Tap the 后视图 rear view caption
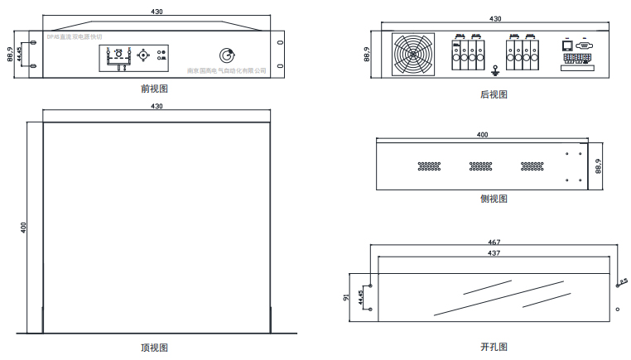(x=494, y=94)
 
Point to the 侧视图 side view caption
(x=494, y=199)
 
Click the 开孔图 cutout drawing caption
(x=494, y=348)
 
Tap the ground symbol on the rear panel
(x=494, y=70)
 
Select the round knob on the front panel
(x=226, y=55)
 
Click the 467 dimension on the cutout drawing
(x=494, y=242)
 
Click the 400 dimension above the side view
(x=483, y=134)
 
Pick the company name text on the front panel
(x=226, y=71)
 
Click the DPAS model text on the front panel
(x=74, y=37)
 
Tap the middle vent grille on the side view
(x=481, y=166)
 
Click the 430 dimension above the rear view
(x=495, y=18)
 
